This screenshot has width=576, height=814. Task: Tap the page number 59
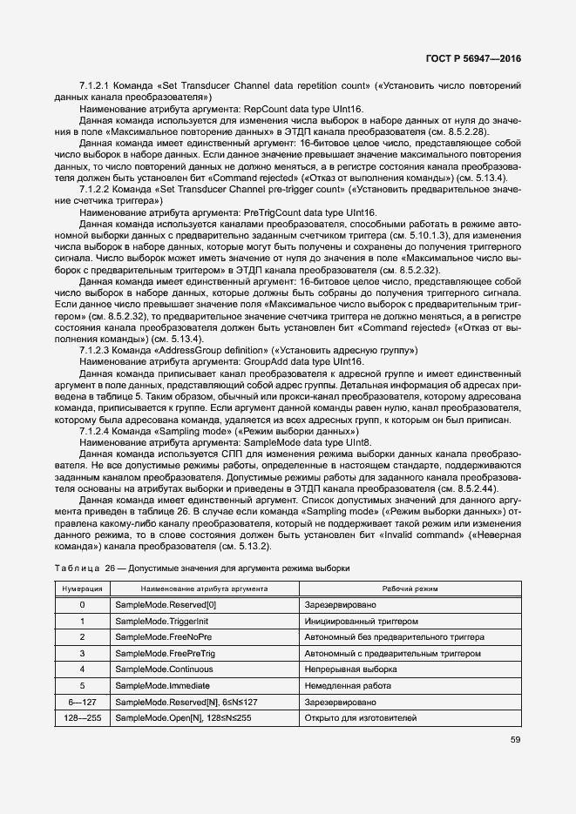515,741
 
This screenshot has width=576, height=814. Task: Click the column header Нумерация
83,589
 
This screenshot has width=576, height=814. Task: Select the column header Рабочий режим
410,589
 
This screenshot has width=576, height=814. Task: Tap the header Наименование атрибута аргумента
203,589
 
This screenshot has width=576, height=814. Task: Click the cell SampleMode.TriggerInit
162,622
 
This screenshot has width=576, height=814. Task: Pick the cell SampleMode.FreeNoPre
161,637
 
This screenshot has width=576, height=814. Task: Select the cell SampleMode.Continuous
163,669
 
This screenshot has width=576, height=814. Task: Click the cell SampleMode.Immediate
162,685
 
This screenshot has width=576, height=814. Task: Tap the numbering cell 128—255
83,717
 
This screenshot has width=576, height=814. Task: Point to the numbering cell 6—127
83,702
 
